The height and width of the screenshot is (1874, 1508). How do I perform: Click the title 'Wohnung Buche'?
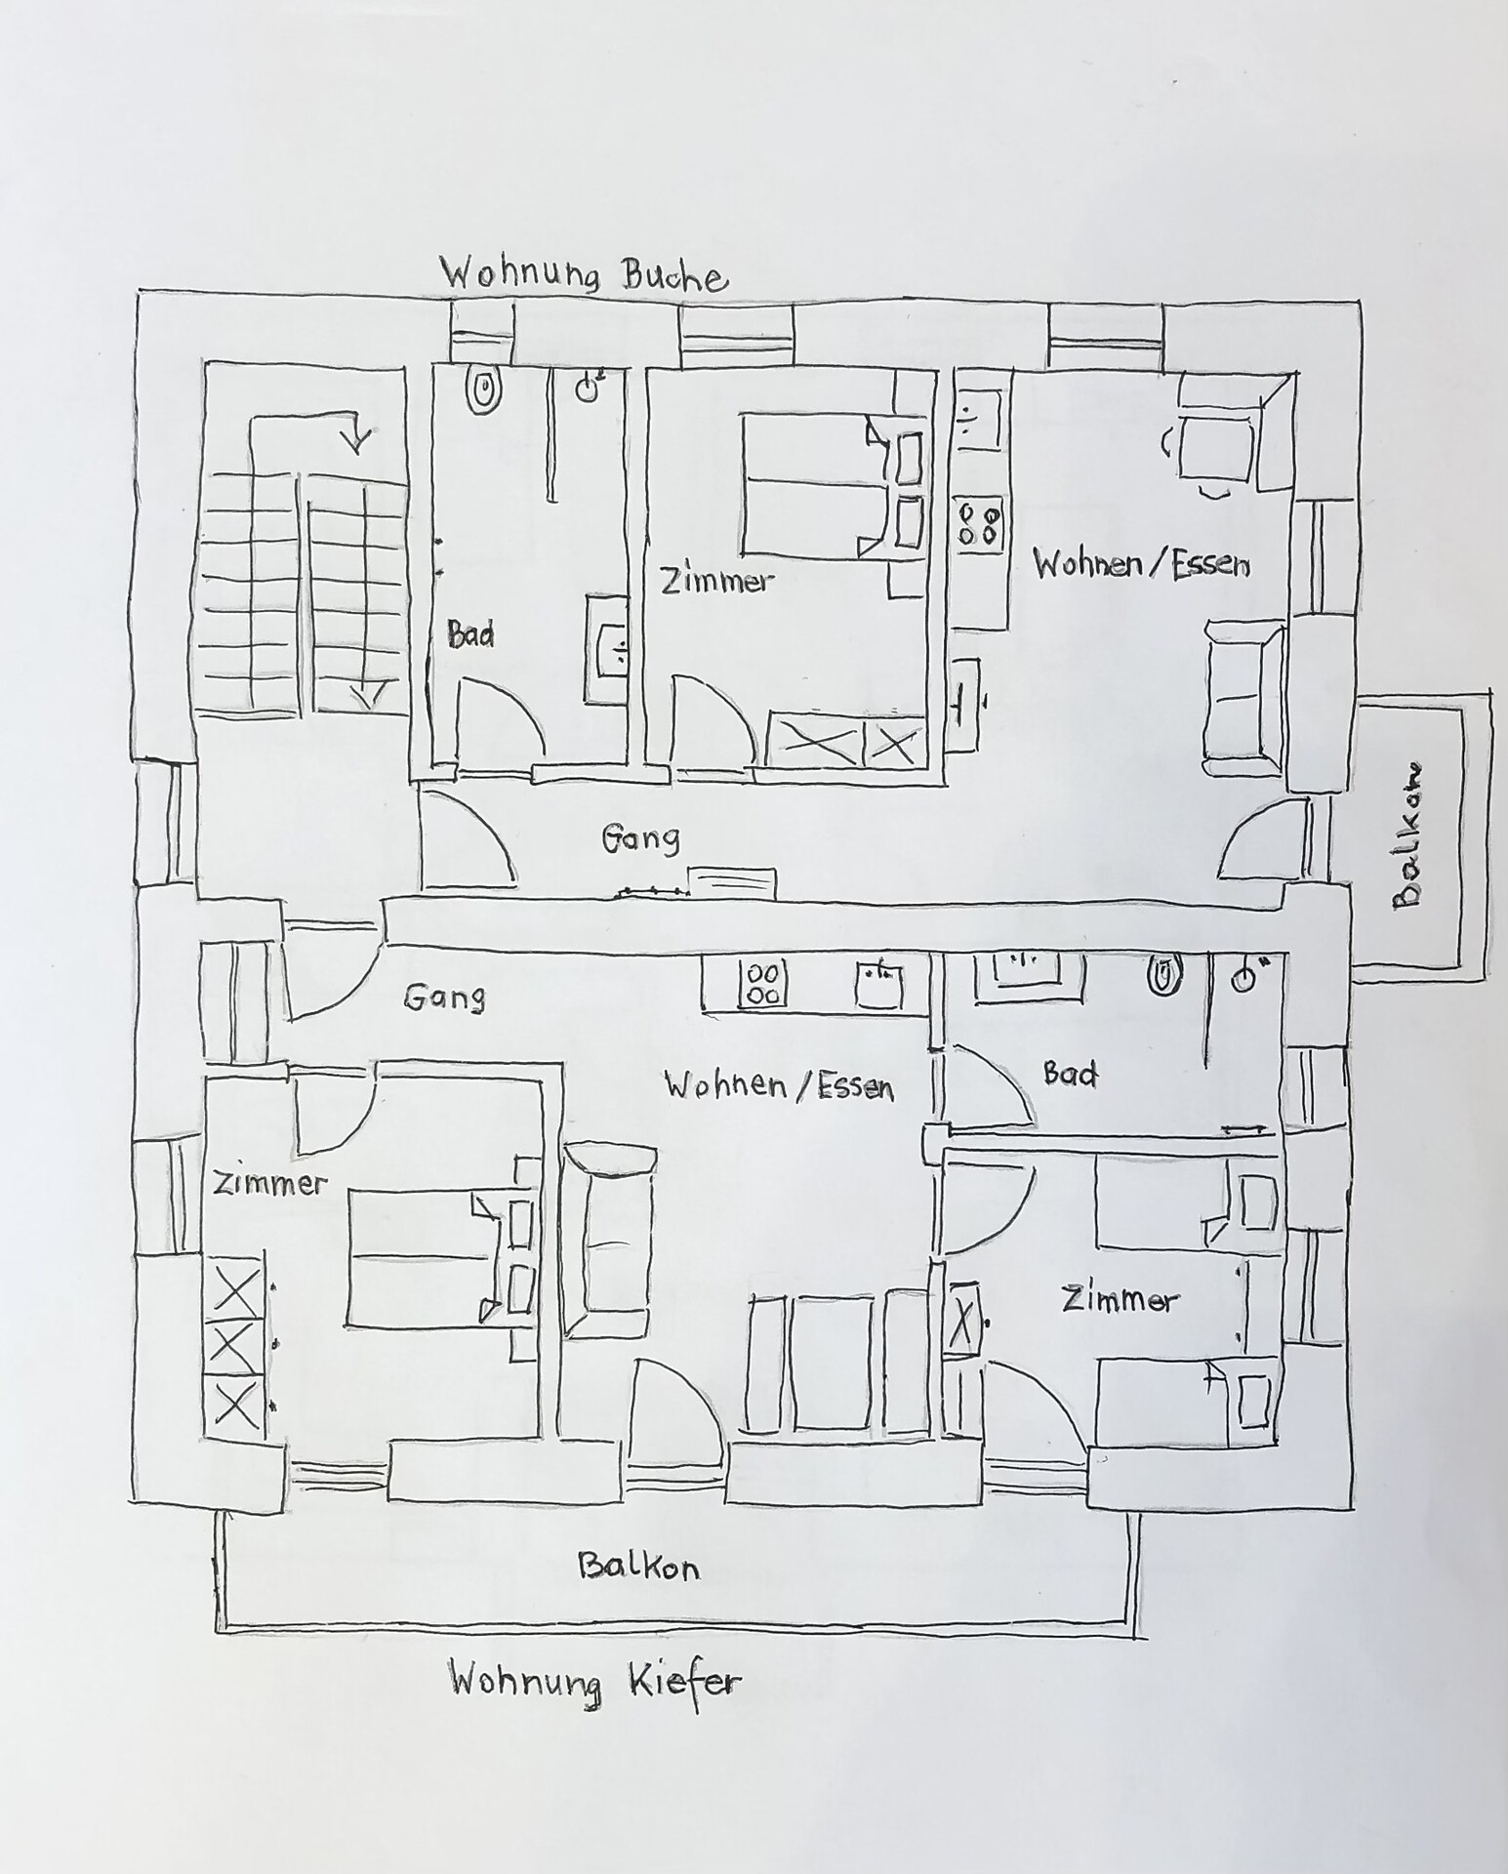pos(584,273)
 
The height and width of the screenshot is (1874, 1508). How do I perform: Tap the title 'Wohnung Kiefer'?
pos(594,1683)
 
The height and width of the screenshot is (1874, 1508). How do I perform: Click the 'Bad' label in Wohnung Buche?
pos(471,634)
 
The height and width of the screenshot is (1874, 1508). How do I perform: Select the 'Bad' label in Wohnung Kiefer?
pos(1070,1074)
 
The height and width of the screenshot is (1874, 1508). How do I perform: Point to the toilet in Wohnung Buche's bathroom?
pos(484,390)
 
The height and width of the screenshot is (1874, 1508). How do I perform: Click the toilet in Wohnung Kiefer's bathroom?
pos(1163,973)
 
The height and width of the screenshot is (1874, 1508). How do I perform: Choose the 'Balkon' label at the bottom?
pos(639,1567)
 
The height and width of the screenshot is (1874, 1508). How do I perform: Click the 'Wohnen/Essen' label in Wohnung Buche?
pos(1141,563)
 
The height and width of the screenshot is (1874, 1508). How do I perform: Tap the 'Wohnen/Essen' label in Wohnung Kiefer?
pos(779,1084)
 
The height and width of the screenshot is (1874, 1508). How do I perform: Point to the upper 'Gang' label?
pos(640,837)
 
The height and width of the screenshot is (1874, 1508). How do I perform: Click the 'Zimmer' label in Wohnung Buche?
pos(717,581)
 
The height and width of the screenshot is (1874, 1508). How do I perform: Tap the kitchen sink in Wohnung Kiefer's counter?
pos(879,984)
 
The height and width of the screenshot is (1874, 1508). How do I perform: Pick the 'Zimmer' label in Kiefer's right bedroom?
pos(1121,1299)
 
